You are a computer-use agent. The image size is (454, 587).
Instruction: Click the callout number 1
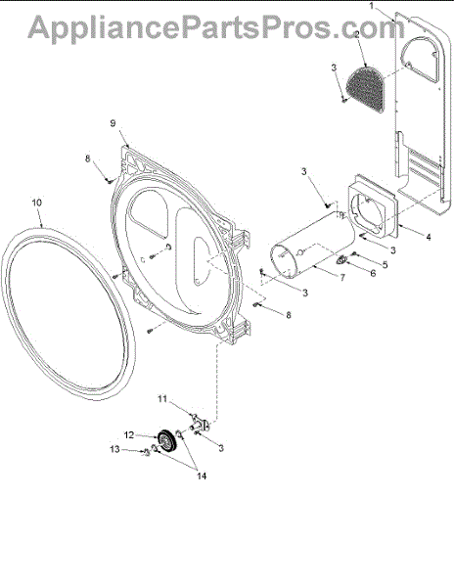pyautogui.click(x=372, y=6)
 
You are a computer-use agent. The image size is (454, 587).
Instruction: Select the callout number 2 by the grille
pyautogui.click(x=356, y=34)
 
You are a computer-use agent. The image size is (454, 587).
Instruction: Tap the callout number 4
pyautogui.click(x=429, y=237)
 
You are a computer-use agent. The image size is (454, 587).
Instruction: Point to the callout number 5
pyautogui.click(x=385, y=264)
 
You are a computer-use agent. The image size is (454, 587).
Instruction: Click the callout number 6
pyautogui.click(x=373, y=273)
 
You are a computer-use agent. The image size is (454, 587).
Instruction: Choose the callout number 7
pyautogui.click(x=342, y=278)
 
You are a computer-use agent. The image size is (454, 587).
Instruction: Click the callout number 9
pyautogui.click(x=113, y=123)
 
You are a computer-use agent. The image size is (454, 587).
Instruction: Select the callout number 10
pyautogui.click(x=36, y=203)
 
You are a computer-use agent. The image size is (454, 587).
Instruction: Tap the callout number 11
pyautogui.click(x=162, y=399)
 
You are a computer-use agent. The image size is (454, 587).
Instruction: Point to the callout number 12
pyautogui.click(x=129, y=435)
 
